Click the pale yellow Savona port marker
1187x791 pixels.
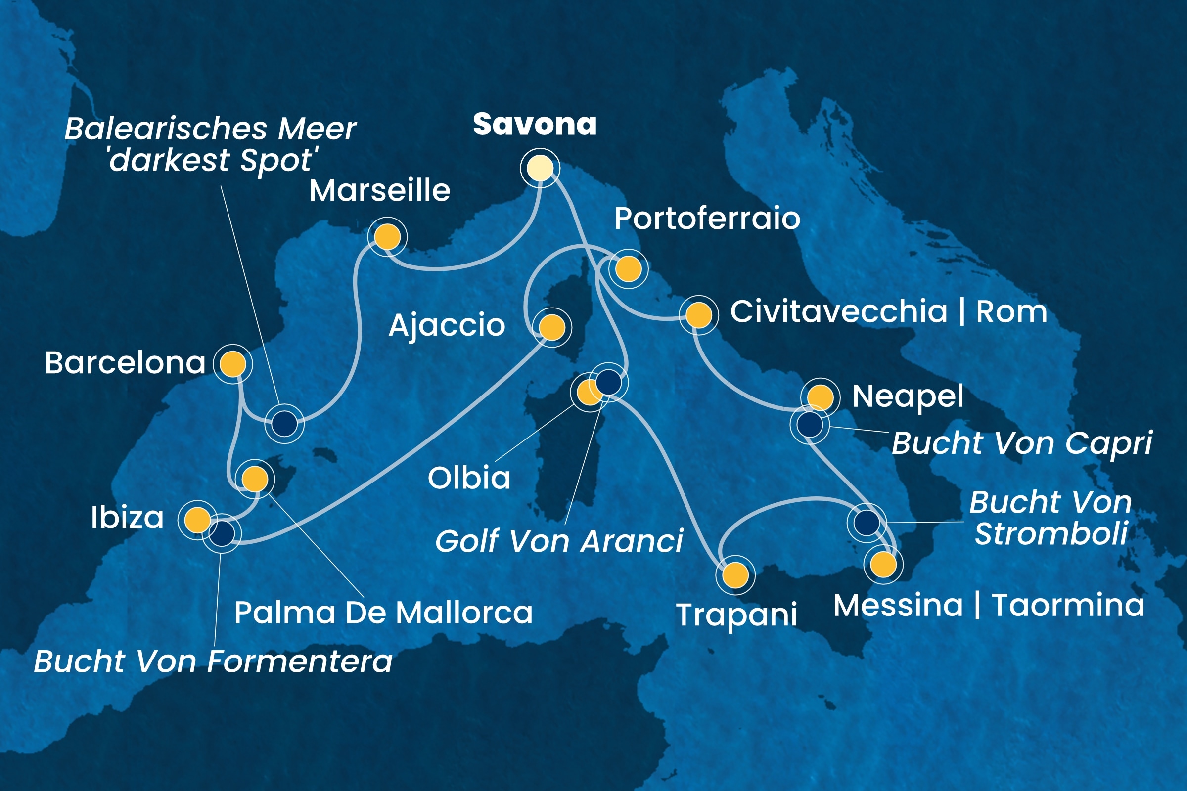(x=540, y=168)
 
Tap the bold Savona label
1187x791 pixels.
(x=535, y=125)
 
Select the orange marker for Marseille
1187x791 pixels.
(x=388, y=237)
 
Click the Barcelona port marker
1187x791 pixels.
(x=232, y=363)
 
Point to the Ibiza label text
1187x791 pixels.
(x=127, y=518)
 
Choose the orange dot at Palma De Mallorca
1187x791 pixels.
(x=255, y=479)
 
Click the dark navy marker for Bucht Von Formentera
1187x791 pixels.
(x=222, y=533)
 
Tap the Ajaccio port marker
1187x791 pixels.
(x=552, y=327)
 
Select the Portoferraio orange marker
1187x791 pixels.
(x=628, y=269)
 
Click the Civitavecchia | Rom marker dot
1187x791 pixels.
(x=699, y=315)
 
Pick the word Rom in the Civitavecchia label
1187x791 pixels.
(x=1011, y=312)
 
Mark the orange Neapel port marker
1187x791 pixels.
(x=820, y=397)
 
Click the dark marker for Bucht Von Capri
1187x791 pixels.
(x=810, y=424)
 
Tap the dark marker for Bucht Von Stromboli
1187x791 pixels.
(x=867, y=522)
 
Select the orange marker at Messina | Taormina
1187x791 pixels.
(x=883, y=565)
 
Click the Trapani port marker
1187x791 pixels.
(x=736, y=574)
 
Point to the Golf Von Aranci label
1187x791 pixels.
(x=559, y=542)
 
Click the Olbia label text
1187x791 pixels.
(x=469, y=478)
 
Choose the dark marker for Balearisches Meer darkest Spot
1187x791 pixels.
(x=284, y=423)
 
